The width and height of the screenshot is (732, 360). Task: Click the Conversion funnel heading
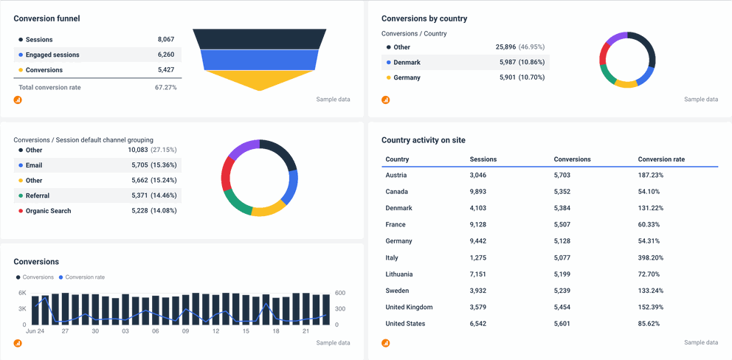(46, 18)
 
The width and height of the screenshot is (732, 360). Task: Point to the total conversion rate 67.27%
(165, 88)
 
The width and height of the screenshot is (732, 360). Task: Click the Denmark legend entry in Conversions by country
(407, 63)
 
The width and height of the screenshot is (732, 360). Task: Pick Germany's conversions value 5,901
(510, 77)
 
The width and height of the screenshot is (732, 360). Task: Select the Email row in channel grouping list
(34, 165)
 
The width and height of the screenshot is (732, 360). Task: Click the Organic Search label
(48, 211)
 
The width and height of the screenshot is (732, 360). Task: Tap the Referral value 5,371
(136, 195)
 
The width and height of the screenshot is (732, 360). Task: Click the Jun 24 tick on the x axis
(35, 332)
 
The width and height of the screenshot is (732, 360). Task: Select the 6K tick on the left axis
(22, 293)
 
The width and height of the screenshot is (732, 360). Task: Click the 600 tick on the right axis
(339, 293)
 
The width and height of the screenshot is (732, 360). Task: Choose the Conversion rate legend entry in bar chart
(85, 277)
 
